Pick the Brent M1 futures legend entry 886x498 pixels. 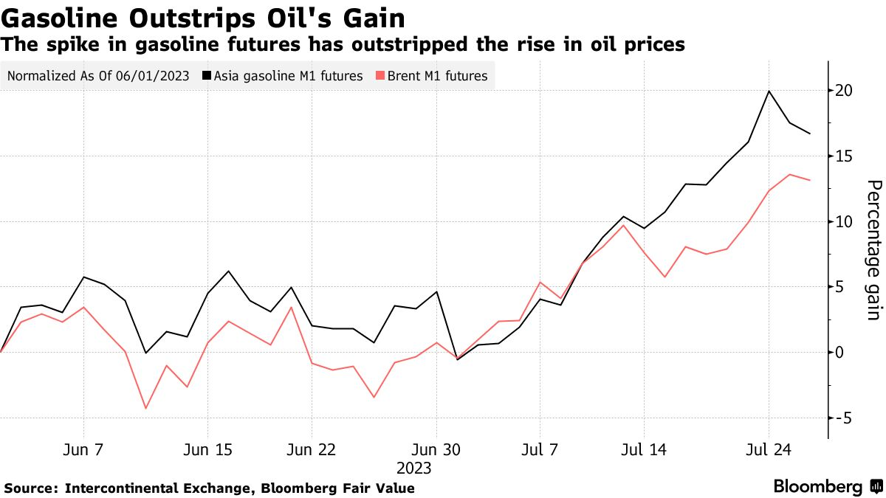tap(432, 75)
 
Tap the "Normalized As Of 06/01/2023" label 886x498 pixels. tap(97, 75)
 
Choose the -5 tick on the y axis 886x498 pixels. tap(842, 418)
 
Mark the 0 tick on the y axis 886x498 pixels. tap(840, 352)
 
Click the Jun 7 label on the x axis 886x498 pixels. tap(83, 450)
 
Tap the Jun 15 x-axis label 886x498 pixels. tap(207, 450)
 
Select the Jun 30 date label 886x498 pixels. tap(436, 450)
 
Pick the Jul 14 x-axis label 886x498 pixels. tap(644, 450)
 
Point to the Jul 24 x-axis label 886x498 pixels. tap(769, 450)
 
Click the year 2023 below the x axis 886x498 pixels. tap(414, 468)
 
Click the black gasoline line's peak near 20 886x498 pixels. tap(769, 91)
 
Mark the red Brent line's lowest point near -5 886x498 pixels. tap(145, 408)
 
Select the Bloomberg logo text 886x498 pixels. tap(818, 487)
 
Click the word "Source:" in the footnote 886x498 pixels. tap(31, 488)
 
